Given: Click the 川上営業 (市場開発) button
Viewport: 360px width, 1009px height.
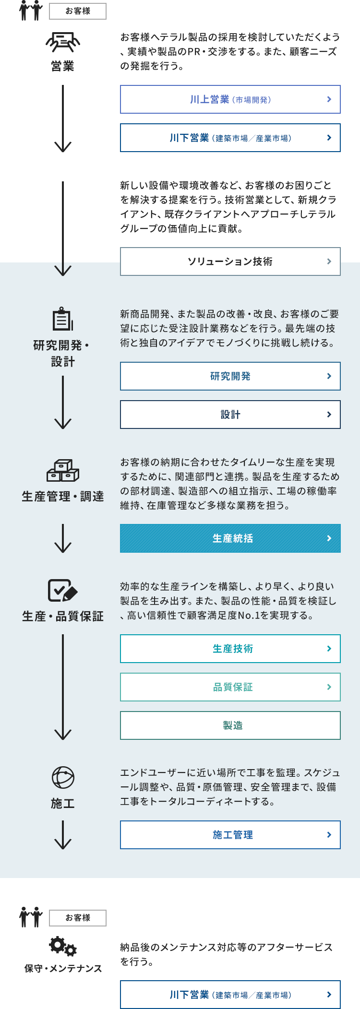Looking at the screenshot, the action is (230, 99).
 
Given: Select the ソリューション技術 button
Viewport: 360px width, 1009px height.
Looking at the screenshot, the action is (230, 261).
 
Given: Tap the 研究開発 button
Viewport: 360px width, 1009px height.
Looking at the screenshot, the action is (230, 376).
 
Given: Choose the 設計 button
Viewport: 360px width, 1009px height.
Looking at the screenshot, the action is (230, 415).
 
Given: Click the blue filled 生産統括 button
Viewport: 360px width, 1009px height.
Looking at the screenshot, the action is (230, 538).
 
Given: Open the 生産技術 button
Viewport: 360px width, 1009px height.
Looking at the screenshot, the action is (230, 649).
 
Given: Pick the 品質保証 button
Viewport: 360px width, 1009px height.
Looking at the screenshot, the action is (230, 687).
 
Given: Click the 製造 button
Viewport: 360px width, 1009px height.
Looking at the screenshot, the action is (230, 725).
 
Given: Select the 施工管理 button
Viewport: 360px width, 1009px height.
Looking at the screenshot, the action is (230, 835).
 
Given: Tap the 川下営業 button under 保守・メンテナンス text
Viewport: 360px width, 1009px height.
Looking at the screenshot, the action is (230, 995).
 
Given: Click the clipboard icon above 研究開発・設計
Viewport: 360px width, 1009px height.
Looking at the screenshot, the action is (63, 319).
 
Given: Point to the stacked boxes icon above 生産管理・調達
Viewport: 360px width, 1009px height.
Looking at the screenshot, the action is (63, 470).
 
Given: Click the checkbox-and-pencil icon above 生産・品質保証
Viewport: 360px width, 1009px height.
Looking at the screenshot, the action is (63, 591).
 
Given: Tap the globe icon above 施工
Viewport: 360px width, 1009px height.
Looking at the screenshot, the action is (63, 777).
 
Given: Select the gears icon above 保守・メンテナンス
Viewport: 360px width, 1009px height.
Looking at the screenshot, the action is (63, 946).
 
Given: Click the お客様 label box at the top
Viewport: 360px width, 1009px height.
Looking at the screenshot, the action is (78, 11).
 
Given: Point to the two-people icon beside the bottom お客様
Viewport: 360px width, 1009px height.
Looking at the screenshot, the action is (31, 917).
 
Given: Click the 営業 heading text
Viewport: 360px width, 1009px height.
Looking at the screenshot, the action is (63, 66).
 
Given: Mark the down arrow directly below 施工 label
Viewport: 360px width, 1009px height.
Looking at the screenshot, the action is (63, 834).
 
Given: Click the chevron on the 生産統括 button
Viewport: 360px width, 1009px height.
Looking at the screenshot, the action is (329, 538).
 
